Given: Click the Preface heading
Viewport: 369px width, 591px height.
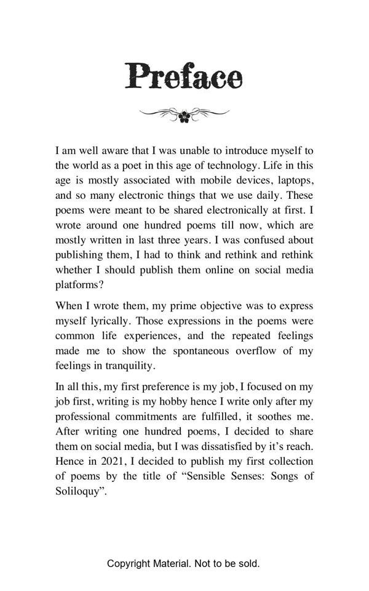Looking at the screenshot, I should pyautogui.click(x=184, y=76).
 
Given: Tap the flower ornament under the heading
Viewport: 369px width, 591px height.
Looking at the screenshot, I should pyautogui.click(x=184, y=115).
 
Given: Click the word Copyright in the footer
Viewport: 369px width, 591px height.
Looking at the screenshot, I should pyautogui.click(x=128, y=563).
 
